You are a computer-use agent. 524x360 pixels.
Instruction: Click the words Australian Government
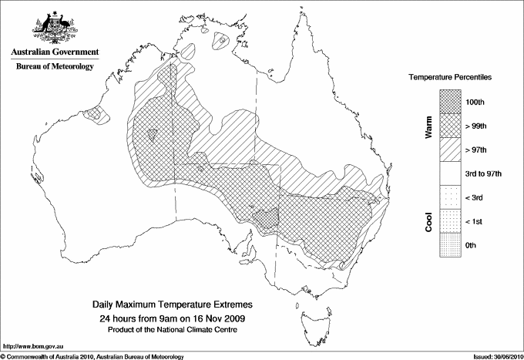point(54,52)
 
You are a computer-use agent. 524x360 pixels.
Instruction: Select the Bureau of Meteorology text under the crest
point(54,67)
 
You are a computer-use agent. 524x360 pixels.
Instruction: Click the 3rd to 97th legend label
point(484,173)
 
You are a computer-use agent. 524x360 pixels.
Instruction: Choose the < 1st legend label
point(475,221)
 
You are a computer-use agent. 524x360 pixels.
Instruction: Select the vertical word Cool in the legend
point(428,221)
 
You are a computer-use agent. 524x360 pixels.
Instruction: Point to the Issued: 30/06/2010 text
point(494,355)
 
